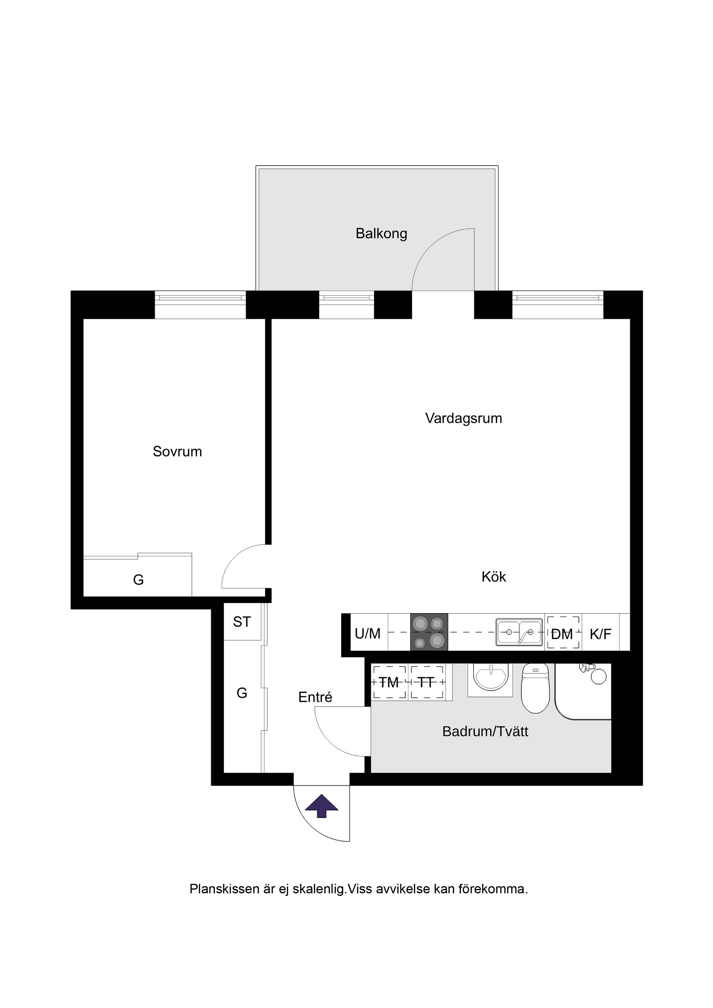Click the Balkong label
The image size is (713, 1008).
pyautogui.click(x=381, y=233)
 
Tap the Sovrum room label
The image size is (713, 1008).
pyautogui.click(x=177, y=452)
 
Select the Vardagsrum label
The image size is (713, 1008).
pyautogui.click(x=463, y=418)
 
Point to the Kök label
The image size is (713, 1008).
pyautogui.click(x=494, y=577)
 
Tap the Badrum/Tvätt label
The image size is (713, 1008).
pyautogui.click(x=485, y=732)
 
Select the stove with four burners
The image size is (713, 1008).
pyautogui.click(x=429, y=632)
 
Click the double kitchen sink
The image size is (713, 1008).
pyautogui.click(x=519, y=632)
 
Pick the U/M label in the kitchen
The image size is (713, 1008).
pyautogui.click(x=368, y=634)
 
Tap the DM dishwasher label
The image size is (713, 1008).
pyautogui.click(x=562, y=634)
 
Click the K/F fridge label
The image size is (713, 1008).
pyautogui.click(x=600, y=634)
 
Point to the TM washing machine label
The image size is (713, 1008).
pyautogui.click(x=389, y=683)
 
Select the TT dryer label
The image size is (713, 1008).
pyautogui.click(x=426, y=683)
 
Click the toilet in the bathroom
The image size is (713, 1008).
pyautogui.click(x=535, y=688)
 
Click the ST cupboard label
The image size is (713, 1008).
pyautogui.click(x=242, y=622)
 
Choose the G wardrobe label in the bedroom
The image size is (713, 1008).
pyautogui.click(x=139, y=580)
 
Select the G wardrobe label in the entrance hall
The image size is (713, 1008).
pyautogui.click(x=242, y=693)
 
